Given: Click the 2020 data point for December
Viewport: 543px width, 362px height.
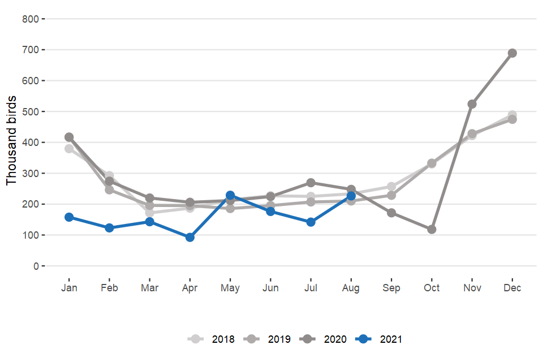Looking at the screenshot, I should [512, 53].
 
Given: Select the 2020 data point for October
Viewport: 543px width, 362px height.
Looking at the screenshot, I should [432, 230].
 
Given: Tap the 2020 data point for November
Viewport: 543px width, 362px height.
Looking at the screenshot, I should [472, 104].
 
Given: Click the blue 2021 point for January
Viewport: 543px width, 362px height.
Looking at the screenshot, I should [69, 217].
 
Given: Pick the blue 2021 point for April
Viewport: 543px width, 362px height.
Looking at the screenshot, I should [190, 238].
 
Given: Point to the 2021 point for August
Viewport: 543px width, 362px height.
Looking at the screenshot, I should [351, 196].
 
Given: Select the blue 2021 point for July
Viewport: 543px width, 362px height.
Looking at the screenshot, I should [311, 222].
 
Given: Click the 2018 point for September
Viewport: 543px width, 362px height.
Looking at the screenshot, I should [391, 187].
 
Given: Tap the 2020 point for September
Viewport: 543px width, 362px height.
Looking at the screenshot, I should [391, 213].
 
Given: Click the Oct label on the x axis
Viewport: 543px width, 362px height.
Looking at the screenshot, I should [432, 288].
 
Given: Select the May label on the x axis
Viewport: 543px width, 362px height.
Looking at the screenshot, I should [230, 288].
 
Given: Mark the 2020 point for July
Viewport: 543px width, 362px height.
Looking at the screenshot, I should [311, 183].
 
